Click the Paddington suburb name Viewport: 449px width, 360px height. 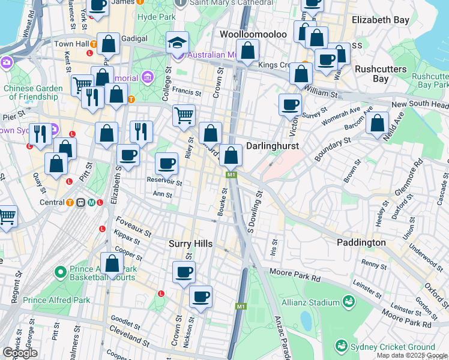point(361,242)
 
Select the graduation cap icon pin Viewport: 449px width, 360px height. point(177,43)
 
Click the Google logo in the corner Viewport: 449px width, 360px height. point(19,353)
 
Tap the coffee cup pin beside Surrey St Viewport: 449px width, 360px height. point(291,104)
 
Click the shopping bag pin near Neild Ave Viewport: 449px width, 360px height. point(377,124)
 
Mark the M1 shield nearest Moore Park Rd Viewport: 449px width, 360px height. point(241,307)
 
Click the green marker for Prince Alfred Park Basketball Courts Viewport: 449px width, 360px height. point(60,272)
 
